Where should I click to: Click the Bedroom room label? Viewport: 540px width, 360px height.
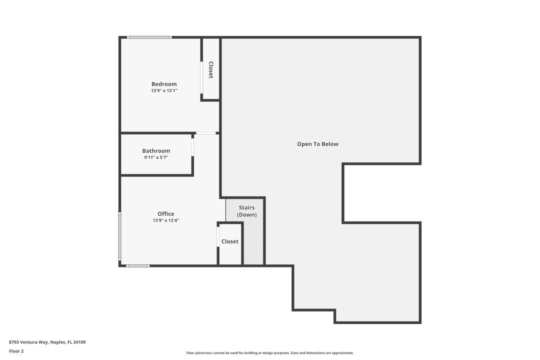coord(164,84)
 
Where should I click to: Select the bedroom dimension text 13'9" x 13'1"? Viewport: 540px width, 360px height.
coord(164,91)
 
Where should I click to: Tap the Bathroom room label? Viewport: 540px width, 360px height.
coord(156,150)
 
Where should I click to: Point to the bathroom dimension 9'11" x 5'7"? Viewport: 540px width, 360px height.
coord(156,157)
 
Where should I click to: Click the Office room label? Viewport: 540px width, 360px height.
coord(166,213)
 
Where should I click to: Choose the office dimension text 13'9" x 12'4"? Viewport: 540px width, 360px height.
coord(166,220)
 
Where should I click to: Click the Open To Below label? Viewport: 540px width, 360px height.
coord(317,144)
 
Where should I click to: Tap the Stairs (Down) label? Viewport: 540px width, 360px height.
coord(246,211)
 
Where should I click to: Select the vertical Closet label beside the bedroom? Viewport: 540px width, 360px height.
coord(211,70)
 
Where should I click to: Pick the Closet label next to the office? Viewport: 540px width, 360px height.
coord(230,241)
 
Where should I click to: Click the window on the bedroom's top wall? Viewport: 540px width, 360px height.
coord(149,37)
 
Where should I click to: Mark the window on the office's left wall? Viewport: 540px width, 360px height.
coord(119,236)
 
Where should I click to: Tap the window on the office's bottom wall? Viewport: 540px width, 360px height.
coord(137,265)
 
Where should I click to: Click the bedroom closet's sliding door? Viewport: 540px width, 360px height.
coord(201,77)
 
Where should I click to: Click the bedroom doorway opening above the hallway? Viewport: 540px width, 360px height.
coord(205,133)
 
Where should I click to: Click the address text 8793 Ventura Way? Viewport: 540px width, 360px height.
coord(47,342)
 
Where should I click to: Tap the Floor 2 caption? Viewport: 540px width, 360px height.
coord(16,351)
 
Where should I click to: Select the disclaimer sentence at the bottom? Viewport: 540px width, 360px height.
coord(269,353)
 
